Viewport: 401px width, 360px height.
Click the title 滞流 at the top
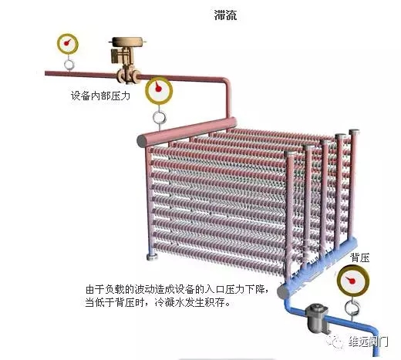[x=225, y=15]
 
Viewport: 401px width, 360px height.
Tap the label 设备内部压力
[x=100, y=96]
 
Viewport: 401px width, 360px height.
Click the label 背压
[x=360, y=257]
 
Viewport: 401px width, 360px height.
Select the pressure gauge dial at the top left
[x=67, y=43]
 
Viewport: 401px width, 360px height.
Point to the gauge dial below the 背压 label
[x=353, y=281]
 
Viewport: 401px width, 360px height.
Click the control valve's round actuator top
[x=126, y=42]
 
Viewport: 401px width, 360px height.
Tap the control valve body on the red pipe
[x=128, y=76]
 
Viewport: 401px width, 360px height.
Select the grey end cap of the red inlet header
[x=142, y=140]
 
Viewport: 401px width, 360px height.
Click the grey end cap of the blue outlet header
[x=283, y=291]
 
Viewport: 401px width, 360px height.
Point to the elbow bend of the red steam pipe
[x=226, y=82]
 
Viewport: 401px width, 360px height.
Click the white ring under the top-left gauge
[x=69, y=65]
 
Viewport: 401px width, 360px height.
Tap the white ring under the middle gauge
[x=160, y=117]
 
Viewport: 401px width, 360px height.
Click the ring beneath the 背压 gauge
[x=352, y=308]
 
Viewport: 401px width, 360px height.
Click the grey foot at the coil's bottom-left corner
[x=152, y=257]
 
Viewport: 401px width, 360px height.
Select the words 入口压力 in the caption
[x=224, y=290]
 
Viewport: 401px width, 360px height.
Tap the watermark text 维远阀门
[x=368, y=342]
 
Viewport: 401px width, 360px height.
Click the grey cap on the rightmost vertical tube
[x=354, y=132]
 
